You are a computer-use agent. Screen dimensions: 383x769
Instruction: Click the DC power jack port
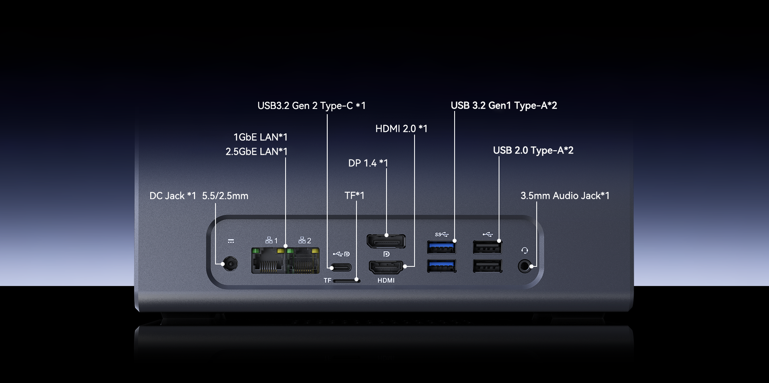(x=230, y=264)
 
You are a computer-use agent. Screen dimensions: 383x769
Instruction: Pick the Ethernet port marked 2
(x=303, y=261)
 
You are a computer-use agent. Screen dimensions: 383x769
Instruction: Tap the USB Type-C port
(x=341, y=267)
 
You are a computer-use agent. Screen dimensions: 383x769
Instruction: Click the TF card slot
(x=347, y=281)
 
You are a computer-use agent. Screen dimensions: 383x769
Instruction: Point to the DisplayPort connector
(x=386, y=241)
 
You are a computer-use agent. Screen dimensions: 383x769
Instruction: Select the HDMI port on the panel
(x=386, y=267)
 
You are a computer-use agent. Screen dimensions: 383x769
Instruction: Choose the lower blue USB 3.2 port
(x=441, y=266)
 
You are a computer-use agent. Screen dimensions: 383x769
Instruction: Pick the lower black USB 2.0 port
(x=487, y=266)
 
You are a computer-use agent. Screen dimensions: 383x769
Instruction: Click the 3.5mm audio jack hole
(x=524, y=266)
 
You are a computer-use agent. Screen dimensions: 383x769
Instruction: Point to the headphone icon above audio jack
(x=525, y=251)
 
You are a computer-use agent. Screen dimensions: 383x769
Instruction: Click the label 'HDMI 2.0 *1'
(x=401, y=129)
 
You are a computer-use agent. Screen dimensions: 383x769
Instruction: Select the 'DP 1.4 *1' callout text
(x=368, y=163)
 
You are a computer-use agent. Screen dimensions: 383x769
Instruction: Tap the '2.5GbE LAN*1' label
(x=256, y=152)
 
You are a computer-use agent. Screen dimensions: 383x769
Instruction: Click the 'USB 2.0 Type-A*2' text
(x=533, y=151)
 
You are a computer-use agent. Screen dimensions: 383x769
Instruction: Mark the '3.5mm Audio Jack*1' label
(x=565, y=196)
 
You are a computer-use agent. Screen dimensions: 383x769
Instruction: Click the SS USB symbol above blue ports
(x=441, y=234)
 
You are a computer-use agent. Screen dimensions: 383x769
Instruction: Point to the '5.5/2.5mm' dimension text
(x=225, y=196)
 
